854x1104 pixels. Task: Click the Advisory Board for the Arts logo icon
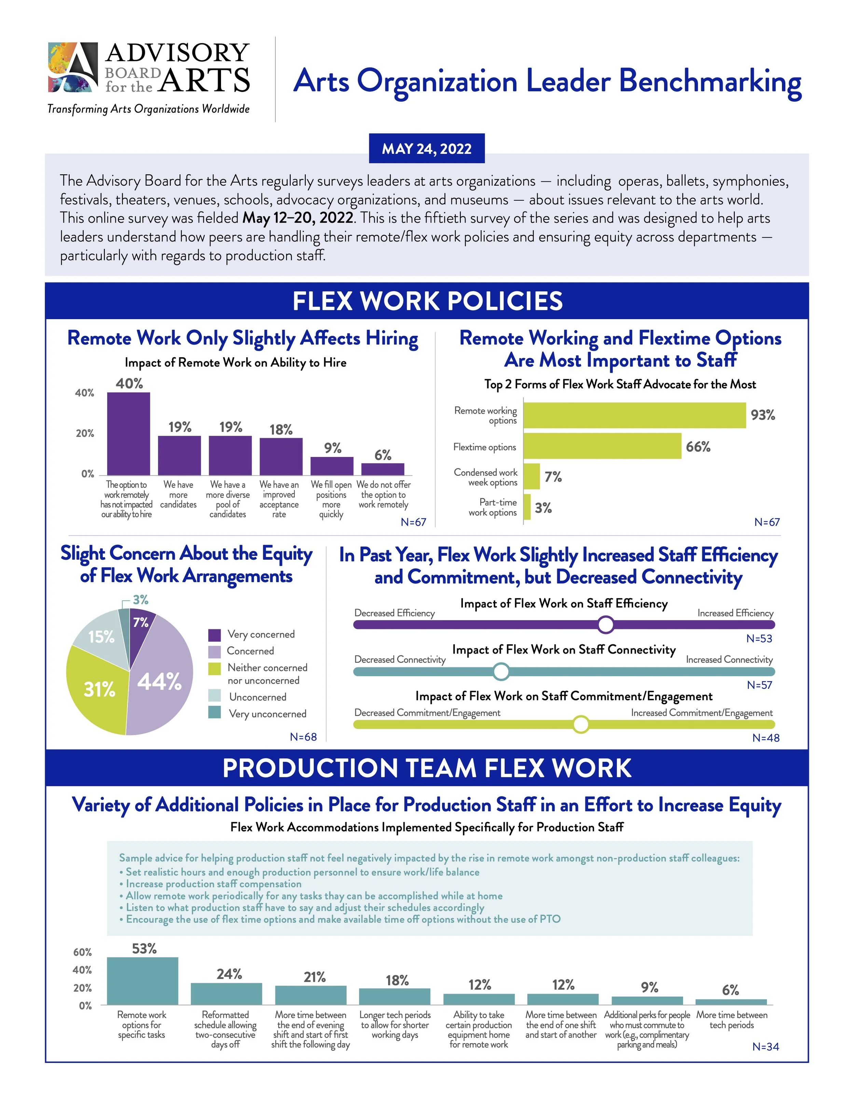(x=73, y=67)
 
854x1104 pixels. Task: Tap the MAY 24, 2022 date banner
(x=427, y=148)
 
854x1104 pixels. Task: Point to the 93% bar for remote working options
(x=634, y=416)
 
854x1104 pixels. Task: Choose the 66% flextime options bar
(x=602, y=446)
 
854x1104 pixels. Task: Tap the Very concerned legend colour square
(x=215, y=635)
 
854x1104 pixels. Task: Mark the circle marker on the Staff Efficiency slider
(x=606, y=625)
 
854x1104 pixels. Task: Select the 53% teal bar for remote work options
(x=143, y=981)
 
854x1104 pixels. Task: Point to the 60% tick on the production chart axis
(x=82, y=952)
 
